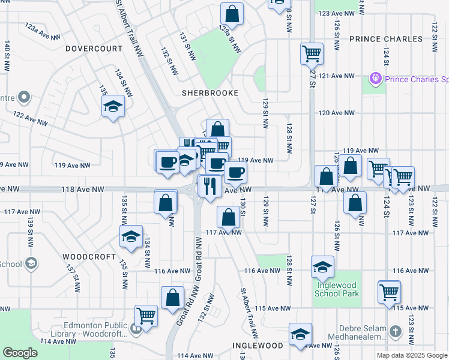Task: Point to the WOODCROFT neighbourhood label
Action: [x=89, y=256]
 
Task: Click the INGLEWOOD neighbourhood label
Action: [x=258, y=346]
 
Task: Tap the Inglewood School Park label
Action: [x=337, y=289]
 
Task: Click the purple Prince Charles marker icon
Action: [x=376, y=78]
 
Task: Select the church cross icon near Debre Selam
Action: [x=395, y=331]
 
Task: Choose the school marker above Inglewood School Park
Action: [x=322, y=266]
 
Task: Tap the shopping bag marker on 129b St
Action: [x=231, y=13]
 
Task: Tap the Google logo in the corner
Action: [x=20, y=353]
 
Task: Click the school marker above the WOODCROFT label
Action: [x=130, y=236]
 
